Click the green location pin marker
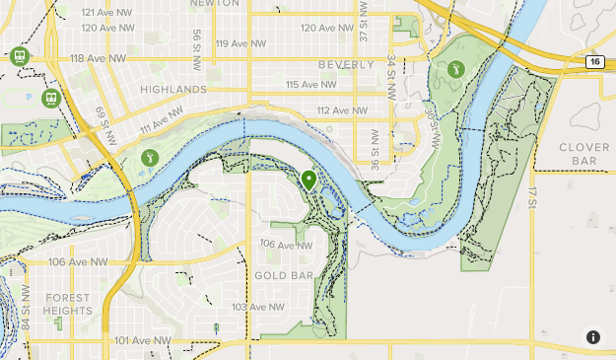(308, 180)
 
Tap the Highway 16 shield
(594, 61)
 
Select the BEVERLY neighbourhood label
(346, 64)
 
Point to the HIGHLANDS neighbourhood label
(173, 89)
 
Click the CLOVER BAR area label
(584, 154)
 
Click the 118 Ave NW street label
(98, 59)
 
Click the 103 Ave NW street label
(259, 307)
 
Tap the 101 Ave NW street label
(143, 340)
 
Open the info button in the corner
(593, 337)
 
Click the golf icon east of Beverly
(455, 69)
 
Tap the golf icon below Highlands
(150, 156)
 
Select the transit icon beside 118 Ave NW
(19, 56)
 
